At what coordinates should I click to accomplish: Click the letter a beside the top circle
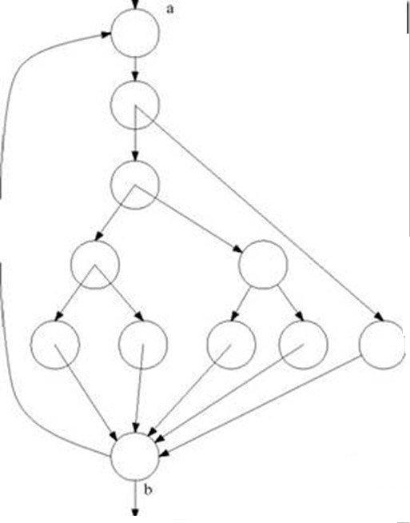tap(170, 10)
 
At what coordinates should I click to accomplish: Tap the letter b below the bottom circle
tap(149, 489)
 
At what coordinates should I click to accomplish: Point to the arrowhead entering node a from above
tap(135, 5)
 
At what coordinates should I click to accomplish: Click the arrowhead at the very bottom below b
tap(135, 512)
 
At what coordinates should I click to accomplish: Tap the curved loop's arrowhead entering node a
tap(106, 34)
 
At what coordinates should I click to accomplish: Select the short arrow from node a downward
tap(135, 69)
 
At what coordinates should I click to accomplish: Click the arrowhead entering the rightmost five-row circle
tap(380, 317)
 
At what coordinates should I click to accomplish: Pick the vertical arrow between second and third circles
tap(135, 134)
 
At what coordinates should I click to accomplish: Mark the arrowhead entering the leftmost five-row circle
tap(58, 316)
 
